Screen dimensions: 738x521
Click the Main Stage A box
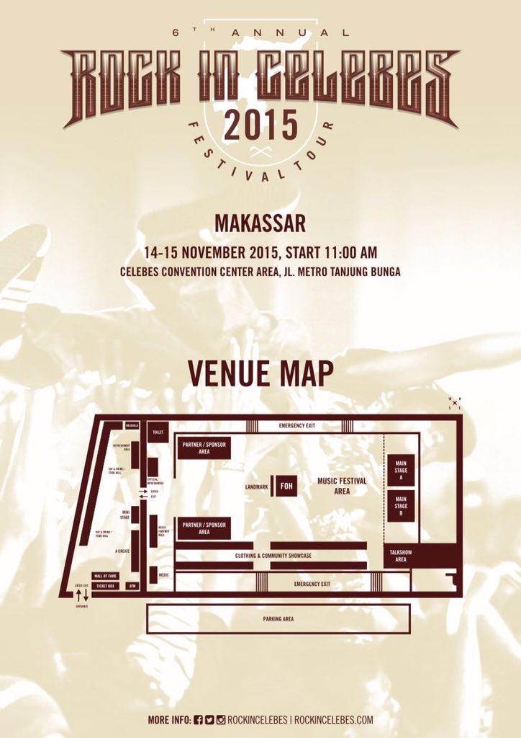point(400,470)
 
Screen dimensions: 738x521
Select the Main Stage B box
point(400,505)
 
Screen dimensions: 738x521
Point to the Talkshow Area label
point(395,556)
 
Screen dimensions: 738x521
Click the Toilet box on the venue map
point(158,432)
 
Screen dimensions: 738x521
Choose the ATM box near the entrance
point(131,586)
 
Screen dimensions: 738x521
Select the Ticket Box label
point(105,586)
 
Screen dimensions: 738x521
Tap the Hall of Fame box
point(105,576)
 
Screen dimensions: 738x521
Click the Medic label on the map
point(163,575)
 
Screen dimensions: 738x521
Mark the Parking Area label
point(278,618)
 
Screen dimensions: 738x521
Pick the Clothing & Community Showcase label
point(273,556)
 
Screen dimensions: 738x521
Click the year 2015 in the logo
point(260,125)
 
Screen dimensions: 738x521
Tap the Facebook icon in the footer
point(199,719)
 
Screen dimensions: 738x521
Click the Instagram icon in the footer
point(221,719)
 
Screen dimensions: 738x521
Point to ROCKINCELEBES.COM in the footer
point(334,719)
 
